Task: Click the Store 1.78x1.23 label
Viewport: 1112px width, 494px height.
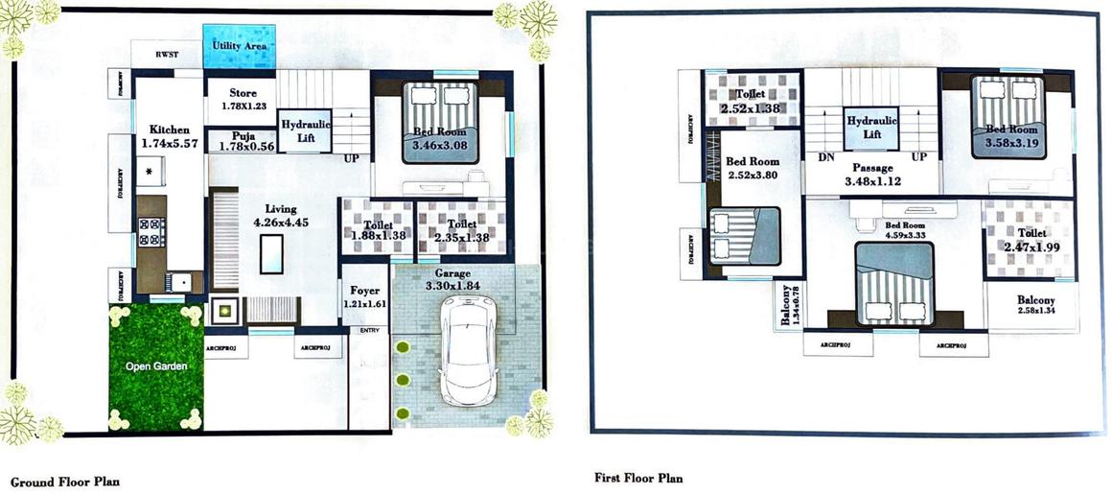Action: click(x=243, y=99)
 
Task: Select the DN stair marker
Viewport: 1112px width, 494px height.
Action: click(x=824, y=157)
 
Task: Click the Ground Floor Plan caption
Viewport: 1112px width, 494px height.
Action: click(x=64, y=481)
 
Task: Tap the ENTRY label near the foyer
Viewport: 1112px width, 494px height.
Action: click(x=369, y=331)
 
